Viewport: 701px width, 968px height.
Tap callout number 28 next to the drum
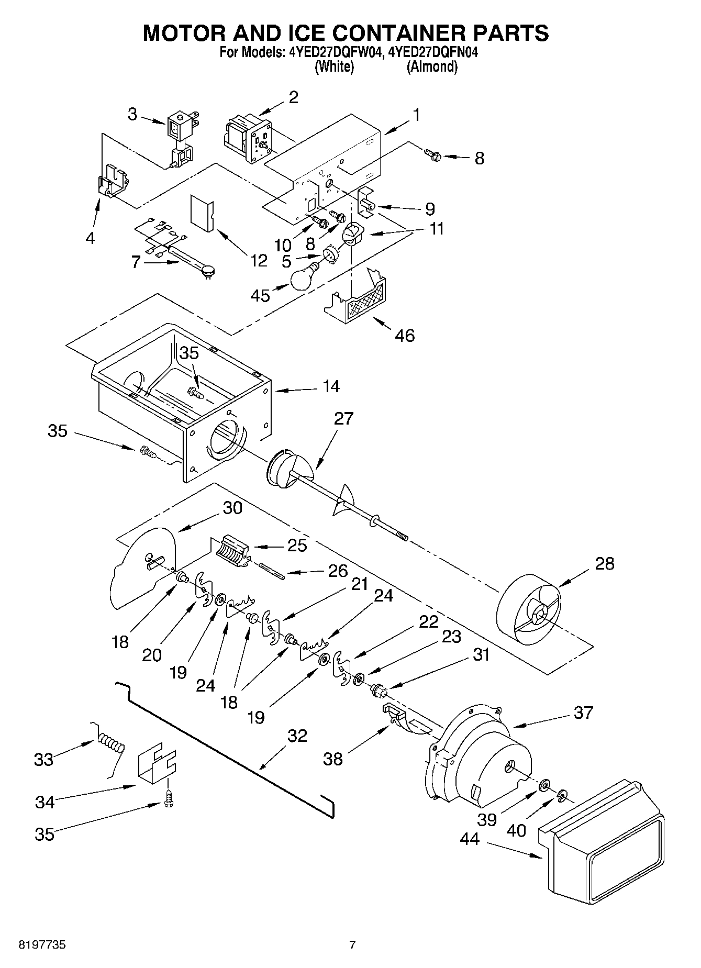click(604, 563)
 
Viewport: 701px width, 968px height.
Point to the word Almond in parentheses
click(432, 67)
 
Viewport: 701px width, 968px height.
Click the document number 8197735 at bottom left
click(43, 944)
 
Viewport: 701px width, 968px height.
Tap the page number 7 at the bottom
click(352, 944)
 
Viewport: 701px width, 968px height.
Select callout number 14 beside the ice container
click(331, 386)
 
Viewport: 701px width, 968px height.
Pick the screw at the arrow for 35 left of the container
click(146, 451)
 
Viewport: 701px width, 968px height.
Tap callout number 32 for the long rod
click(297, 736)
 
